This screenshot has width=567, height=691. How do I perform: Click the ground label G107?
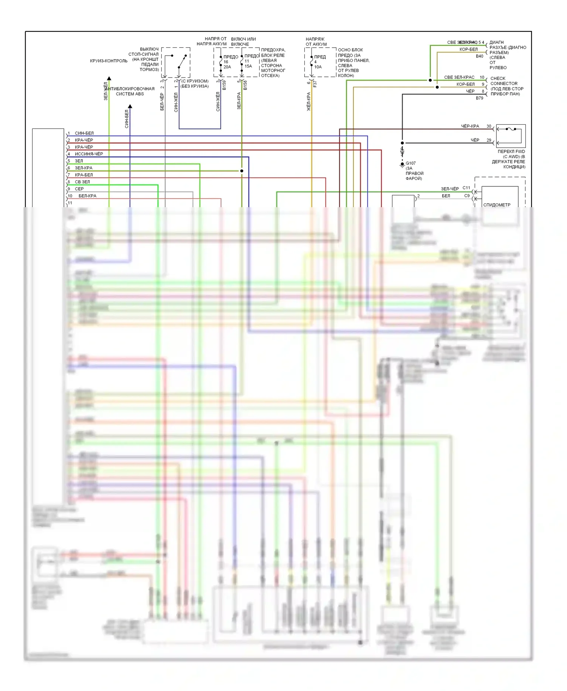coord(411,163)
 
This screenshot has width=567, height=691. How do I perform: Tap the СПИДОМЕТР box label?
coord(497,205)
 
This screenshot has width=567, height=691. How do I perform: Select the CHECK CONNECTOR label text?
coord(504,81)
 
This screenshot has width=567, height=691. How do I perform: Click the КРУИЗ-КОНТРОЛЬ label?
coord(109,61)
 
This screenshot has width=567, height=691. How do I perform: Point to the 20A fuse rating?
coord(227,67)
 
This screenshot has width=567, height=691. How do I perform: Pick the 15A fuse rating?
coord(248,66)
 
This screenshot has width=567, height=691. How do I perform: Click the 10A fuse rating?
coord(318,67)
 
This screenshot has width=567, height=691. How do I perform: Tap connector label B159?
coord(224,85)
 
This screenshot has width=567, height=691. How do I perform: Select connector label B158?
coord(245,85)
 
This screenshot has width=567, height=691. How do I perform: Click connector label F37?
coord(315,84)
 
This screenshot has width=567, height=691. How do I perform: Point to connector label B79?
coord(479,98)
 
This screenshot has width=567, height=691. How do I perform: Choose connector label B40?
coord(479,56)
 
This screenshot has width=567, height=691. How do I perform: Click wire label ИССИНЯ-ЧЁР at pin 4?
coord(89,154)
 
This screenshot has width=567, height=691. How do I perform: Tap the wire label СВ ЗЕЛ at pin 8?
coord(82,182)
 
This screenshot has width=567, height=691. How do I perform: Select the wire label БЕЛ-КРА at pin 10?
coord(87,196)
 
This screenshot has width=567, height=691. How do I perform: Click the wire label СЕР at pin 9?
coord(79,189)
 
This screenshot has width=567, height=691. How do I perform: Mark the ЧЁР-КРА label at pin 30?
coord(470,126)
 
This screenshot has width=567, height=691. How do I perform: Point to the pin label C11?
coord(466,188)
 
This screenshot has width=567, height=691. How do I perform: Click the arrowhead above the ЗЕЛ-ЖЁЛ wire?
coord(109,79)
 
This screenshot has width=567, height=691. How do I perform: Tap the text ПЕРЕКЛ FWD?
coord(511,152)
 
